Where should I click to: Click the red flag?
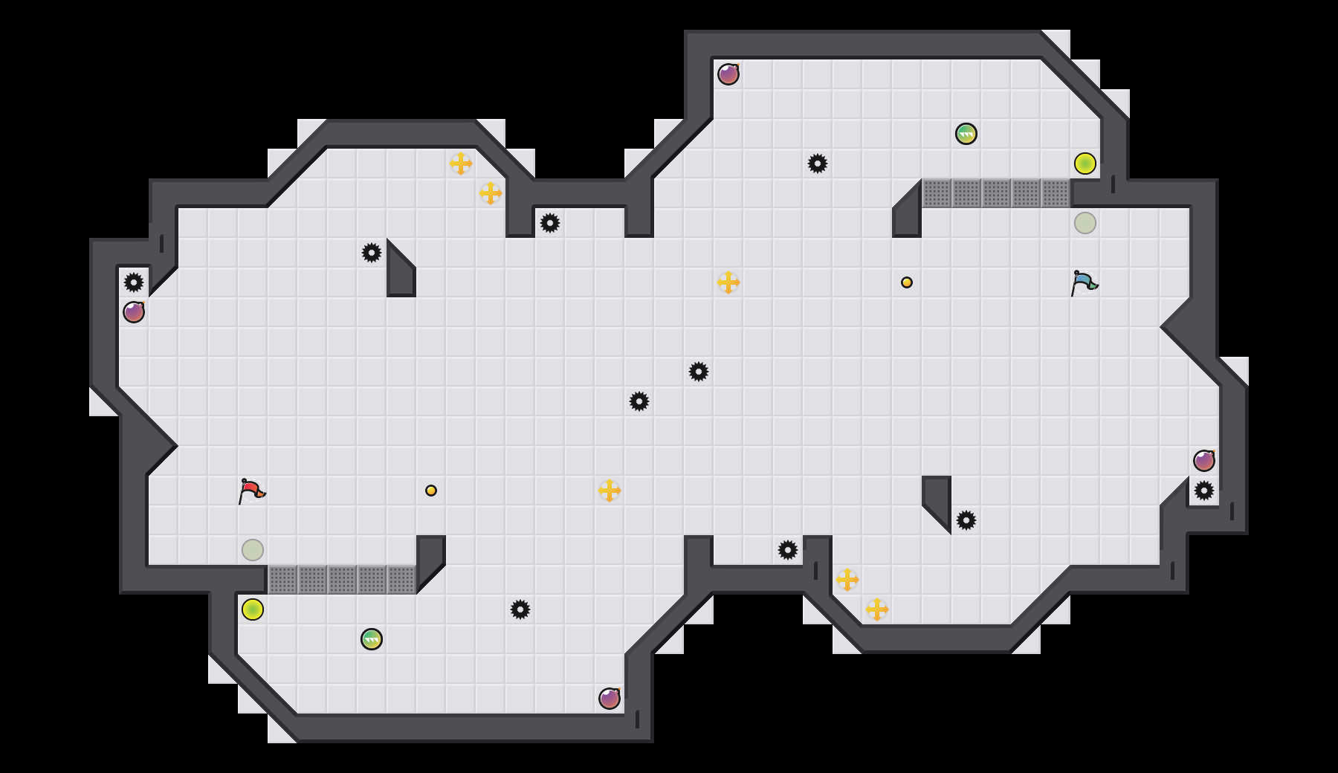(251, 491)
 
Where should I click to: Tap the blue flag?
(1084, 282)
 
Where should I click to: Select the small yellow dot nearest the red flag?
(431, 491)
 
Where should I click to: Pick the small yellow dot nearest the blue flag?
(907, 282)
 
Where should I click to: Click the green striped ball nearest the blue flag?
(966, 134)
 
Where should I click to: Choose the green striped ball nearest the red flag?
(372, 639)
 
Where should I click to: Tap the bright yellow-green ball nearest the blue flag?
(1085, 164)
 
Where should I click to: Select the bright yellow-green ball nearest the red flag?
(253, 609)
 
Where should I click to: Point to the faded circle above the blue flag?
(1085, 223)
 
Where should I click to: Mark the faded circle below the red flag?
(253, 550)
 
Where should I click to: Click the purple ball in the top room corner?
(728, 74)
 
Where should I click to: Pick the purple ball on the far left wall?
(134, 312)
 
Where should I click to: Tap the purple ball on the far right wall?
(1204, 461)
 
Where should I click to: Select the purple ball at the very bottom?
(610, 699)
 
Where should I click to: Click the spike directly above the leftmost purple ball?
(134, 282)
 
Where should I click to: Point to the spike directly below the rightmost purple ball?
(1204, 491)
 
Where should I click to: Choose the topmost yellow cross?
(461, 164)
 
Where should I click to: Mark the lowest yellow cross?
(877, 609)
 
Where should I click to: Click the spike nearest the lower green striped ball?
(520, 609)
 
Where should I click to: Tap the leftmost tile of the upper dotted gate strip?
(937, 193)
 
